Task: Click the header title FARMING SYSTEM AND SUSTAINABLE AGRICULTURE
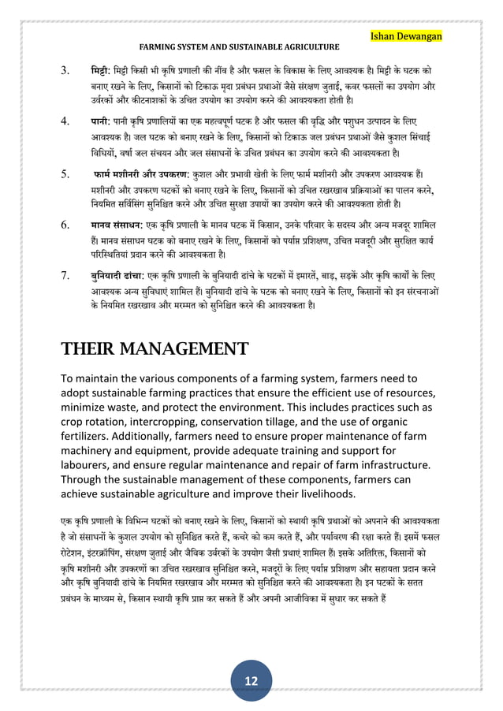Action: tap(240, 48)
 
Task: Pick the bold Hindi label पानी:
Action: tap(102, 123)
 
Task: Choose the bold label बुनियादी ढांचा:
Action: tap(120, 275)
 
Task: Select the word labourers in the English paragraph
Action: tap(88, 465)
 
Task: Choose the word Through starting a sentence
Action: tap(84, 479)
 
